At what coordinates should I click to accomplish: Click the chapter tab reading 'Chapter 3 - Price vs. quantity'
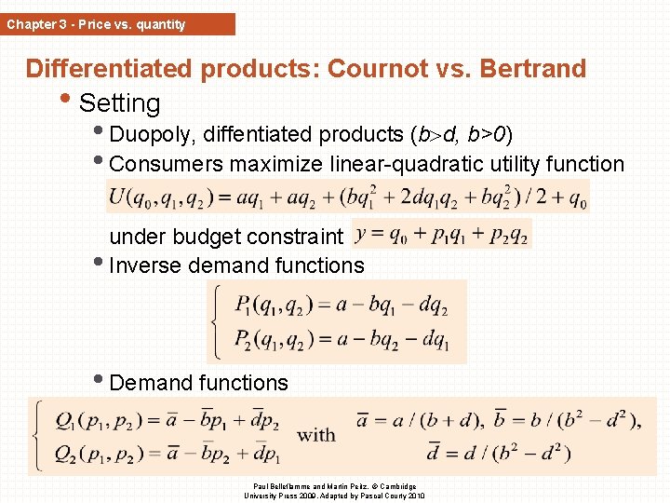click(x=97, y=24)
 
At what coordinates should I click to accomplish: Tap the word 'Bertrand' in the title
click(x=528, y=69)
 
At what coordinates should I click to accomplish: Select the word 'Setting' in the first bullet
click(x=120, y=103)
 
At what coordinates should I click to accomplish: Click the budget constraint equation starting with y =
click(x=442, y=234)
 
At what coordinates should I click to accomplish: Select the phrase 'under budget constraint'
click(x=226, y=237)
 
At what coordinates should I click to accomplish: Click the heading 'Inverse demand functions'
click(x=236, y=265)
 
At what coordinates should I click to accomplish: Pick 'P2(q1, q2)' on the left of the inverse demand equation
click(x=275, y=339)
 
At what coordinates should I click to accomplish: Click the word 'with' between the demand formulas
click(x=316, y=435)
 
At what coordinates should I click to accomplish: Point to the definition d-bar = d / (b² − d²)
click(x=498, y=454)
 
